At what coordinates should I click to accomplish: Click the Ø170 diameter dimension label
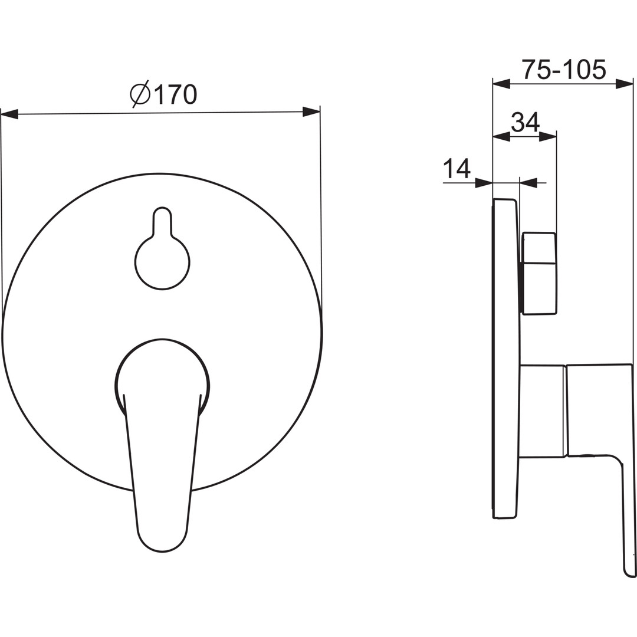(164, 94)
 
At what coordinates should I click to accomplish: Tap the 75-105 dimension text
(563, 70)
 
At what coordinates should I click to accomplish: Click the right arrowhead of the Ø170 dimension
(311, 111)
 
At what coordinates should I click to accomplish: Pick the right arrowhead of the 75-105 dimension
(625, 84)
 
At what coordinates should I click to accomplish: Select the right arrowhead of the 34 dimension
(547, 136)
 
